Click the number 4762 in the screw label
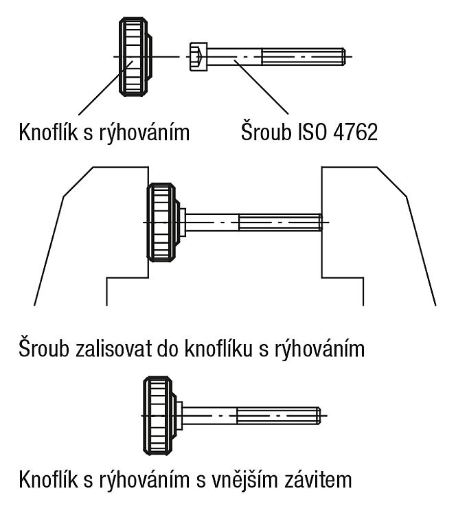click(356, 133)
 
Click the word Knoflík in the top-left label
click(48, 132)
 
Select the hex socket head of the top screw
click(198, 56)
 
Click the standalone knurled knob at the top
click(135, 57)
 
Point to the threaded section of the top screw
click(304, 57)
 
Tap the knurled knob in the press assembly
click(163, 222)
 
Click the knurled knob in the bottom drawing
click(160, 415)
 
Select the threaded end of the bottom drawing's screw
click(279, 415)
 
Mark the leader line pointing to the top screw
click(261, 87)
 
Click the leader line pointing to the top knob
click(106, 88)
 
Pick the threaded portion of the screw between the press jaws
click(281, 222)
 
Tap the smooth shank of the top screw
click(234, 57)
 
